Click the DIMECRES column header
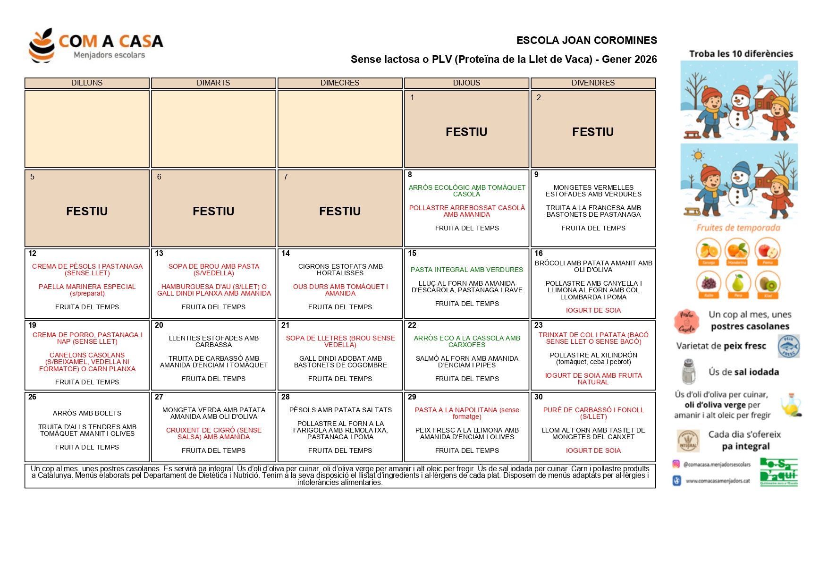pos(339,83)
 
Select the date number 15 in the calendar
pos(412,254)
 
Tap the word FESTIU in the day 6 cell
pos(213,211)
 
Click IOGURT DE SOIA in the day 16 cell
pos(593,310)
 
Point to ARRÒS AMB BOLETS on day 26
pos(87,413)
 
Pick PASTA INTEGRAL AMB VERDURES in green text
pos(466,270)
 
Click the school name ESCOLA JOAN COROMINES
pos(586,41)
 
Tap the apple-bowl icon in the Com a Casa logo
pos(42,46)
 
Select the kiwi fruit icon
pos(768,284)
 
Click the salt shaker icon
pos(689,372)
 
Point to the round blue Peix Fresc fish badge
pos(788,346)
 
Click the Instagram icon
pos(676,464)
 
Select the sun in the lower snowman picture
pos(697,155)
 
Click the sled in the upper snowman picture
pos(693,135)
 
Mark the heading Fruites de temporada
pos(738,228)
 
